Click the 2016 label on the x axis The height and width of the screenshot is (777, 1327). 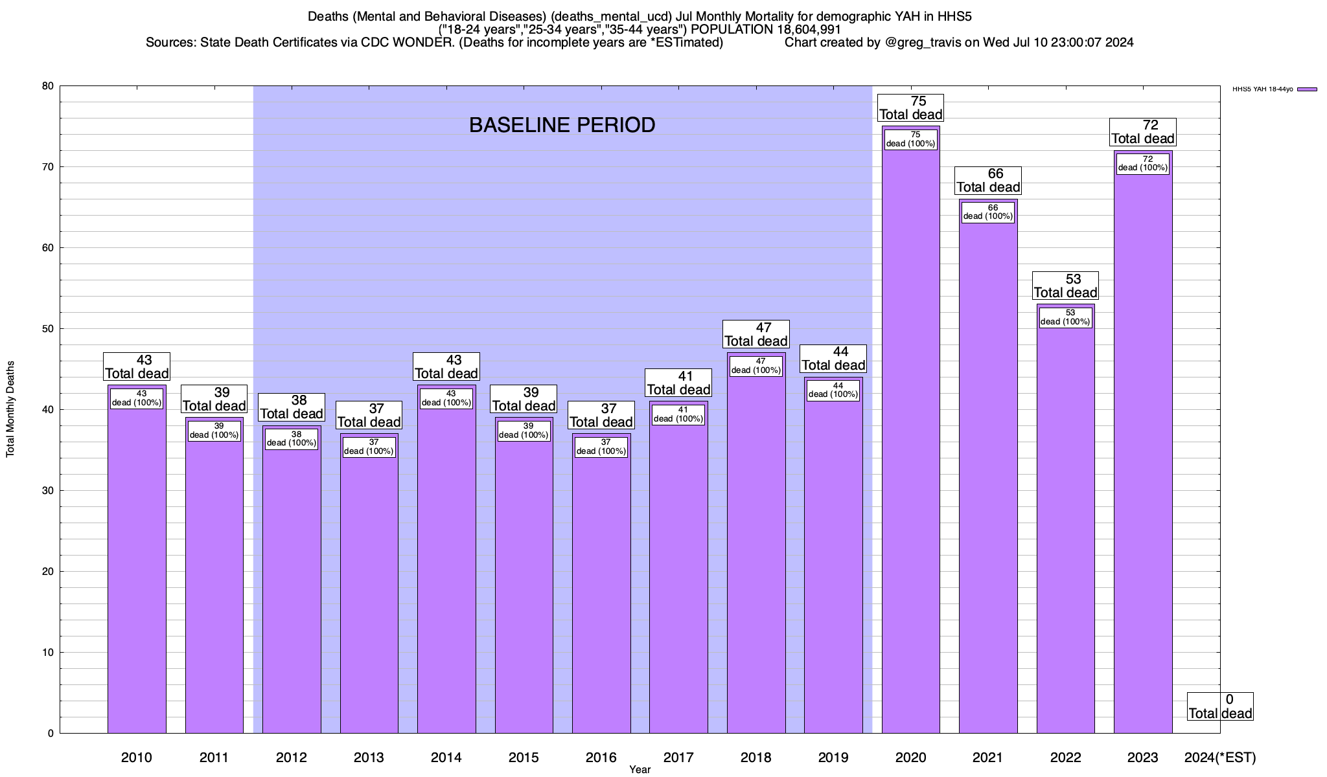(601, 757)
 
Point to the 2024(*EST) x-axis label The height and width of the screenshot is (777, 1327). (1219, 757)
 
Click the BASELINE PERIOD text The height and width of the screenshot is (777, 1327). (562, 125)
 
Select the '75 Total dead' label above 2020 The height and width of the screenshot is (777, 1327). (910, 108)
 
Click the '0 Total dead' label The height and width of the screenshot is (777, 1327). (1220, 706)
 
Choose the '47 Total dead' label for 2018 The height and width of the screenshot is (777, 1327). (756, 334)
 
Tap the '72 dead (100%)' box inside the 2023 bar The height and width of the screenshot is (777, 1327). (1143, 163)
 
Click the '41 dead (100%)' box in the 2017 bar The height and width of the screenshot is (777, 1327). (678, 414)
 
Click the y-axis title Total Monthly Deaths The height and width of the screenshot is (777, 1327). (10, 409)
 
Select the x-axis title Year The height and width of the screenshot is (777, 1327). (640, 769)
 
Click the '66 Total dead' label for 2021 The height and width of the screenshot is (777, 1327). (988, 181)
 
